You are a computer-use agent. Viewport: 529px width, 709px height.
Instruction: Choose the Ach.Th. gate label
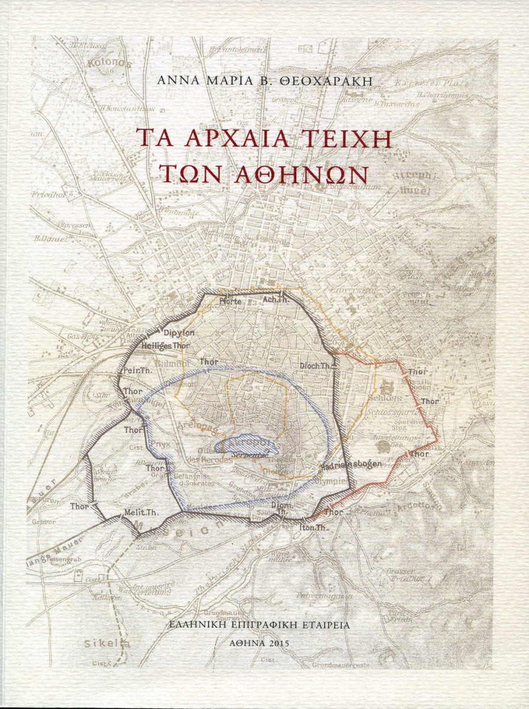(274, 301)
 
